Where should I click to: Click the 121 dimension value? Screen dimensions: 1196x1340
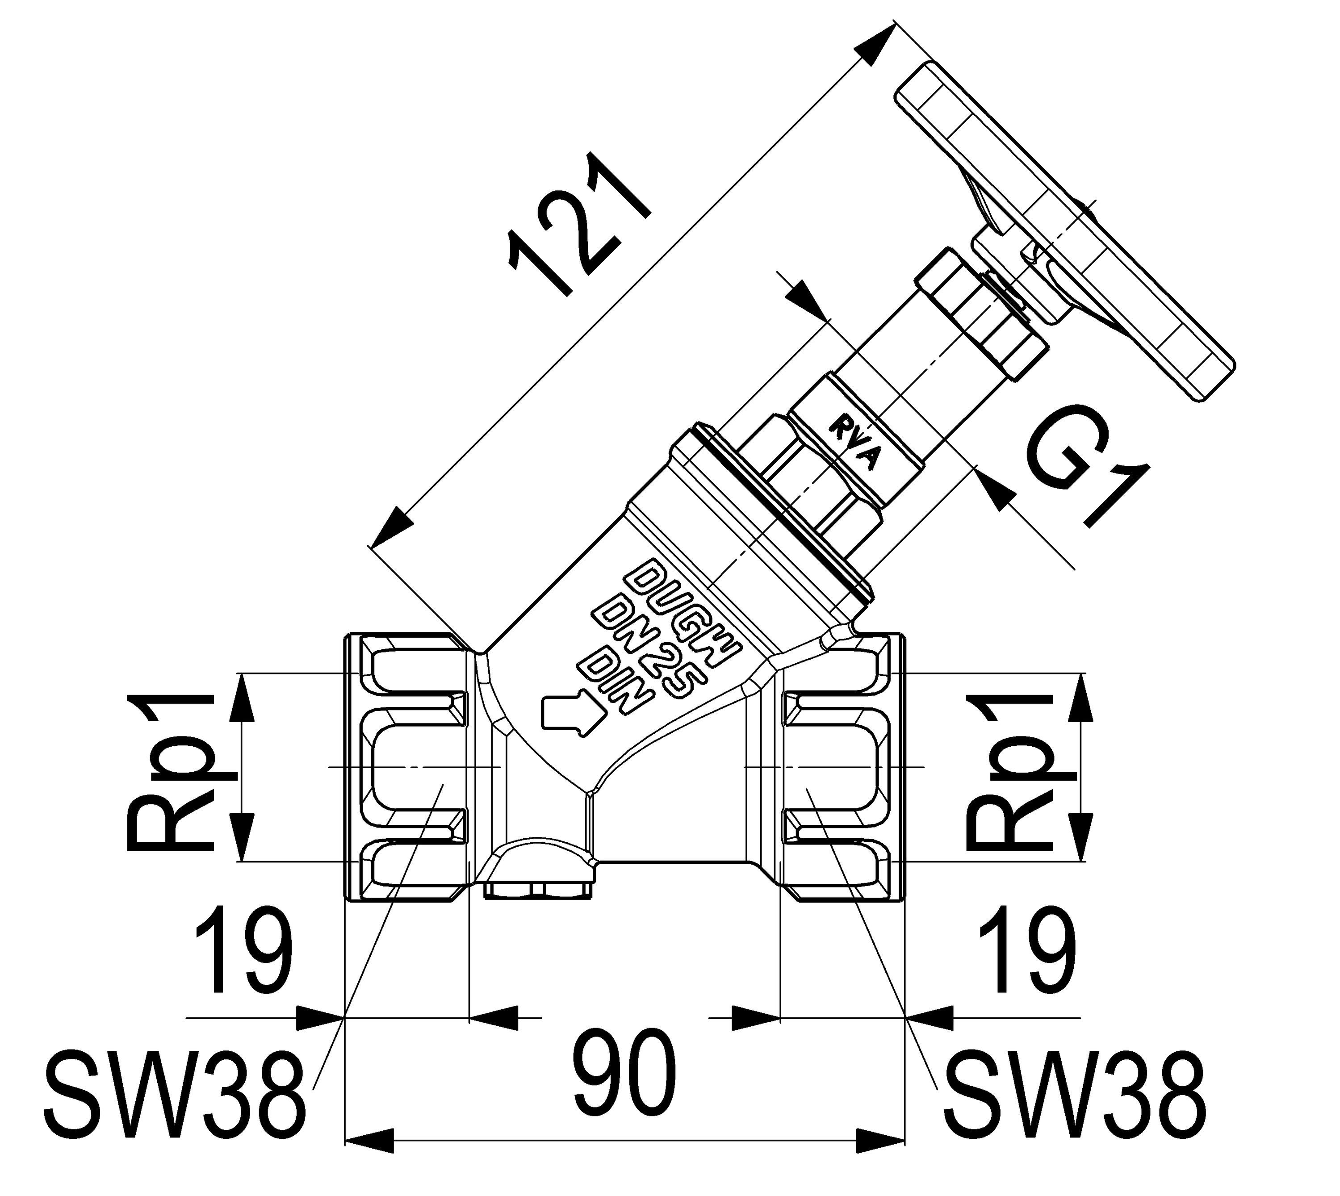tap(578, 227)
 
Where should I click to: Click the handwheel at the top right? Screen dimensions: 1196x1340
tap(1065, 230)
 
